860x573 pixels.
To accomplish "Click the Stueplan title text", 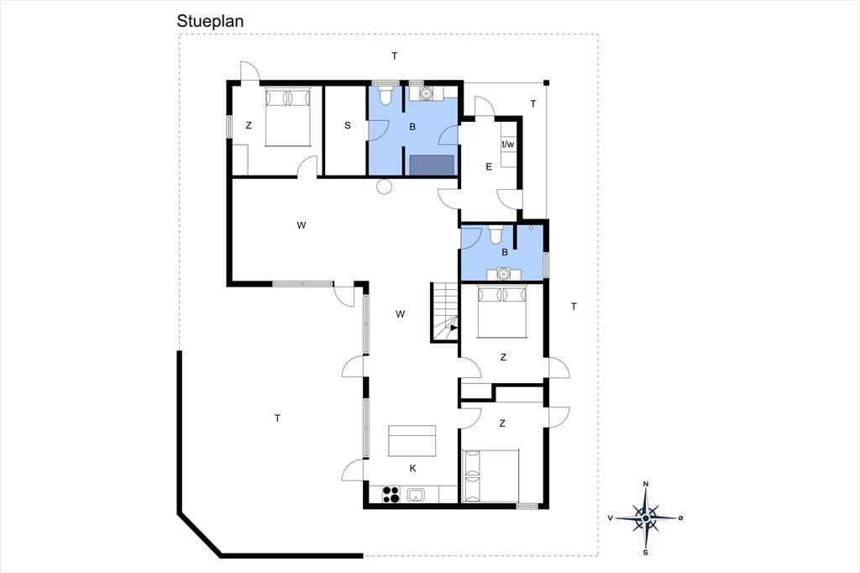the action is coord(210,21).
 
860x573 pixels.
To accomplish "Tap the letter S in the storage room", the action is coord(347,126).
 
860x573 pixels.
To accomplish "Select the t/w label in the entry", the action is coord(508,145).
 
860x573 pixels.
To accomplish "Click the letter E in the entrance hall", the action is coord(489,167).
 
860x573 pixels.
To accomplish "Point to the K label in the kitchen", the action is coord(412,468).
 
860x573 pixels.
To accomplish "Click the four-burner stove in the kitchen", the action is coord(391,494).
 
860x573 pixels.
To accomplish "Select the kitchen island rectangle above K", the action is coord(412,441).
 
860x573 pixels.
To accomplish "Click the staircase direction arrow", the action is coord(454,329).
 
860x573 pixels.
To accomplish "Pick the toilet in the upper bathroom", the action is coord(385,94).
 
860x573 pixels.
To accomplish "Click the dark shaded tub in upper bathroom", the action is coord(433,165).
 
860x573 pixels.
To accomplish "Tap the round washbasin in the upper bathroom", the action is coord(426,93).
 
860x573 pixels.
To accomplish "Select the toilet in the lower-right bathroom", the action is coord(496,234).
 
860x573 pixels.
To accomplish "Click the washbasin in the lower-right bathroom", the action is coord(503,273).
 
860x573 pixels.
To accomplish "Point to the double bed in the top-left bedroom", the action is coord(289,116).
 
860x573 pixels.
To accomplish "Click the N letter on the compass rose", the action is coord(646,484).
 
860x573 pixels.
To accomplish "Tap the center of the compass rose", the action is coord(646,518).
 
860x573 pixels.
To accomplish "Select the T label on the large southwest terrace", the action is coord(277,418).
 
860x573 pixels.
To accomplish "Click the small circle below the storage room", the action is coord(384,187).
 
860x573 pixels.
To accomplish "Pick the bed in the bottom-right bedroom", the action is coord(490,476).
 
